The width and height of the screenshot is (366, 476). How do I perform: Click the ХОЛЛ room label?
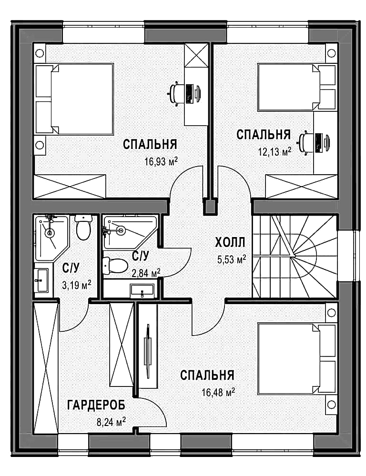point(230,243)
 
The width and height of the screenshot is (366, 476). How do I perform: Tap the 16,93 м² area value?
point(161,161)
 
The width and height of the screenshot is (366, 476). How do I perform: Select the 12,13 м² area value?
point(275,151)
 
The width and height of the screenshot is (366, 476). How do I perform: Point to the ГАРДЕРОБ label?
point(96,405)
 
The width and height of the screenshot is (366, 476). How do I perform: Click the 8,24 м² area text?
point(111,422)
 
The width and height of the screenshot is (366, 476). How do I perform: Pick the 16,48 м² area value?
point(218,392)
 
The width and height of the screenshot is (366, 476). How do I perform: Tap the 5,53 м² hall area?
point(232,259)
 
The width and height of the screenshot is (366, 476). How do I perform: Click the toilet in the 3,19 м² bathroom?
point(83,227)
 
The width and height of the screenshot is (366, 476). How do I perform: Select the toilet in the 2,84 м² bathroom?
point(115,265)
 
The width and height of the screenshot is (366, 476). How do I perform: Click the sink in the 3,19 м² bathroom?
point(41,280)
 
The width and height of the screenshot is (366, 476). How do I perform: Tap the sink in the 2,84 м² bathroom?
point(142,291)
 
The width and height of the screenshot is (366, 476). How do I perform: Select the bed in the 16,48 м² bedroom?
point(297,359)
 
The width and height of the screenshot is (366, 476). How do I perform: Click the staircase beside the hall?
point(295,257)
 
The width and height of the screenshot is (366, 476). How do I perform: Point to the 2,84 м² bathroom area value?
point(146,273)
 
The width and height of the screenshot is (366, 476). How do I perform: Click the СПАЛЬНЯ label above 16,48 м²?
point(207,375)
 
